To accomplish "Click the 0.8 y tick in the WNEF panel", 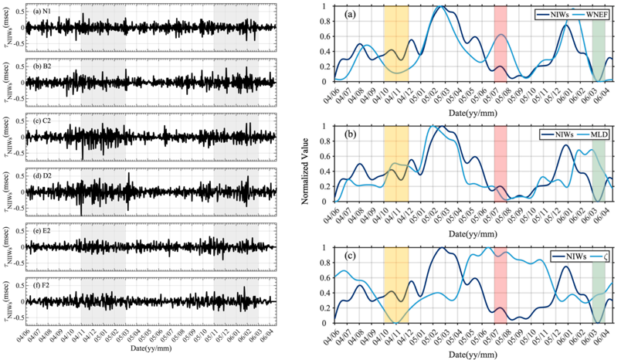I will point(327,22).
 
